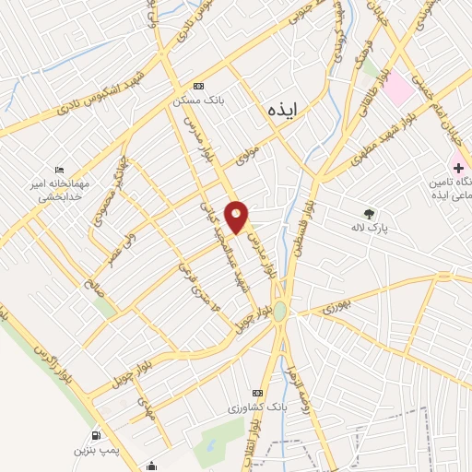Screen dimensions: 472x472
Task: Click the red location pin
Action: tap(238, 217)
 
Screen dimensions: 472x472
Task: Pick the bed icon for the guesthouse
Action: tap(60, 170)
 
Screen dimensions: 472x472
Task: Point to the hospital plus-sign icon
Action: tap(455, 166)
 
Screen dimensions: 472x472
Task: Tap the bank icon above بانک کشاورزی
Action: tap(256, 393)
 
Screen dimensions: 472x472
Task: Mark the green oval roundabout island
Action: tap(280, 313)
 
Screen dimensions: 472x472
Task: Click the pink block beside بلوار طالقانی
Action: tap(397, 88)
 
